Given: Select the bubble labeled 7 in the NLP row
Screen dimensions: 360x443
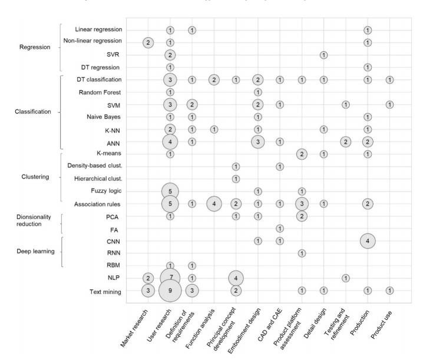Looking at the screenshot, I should [x=170, y=278].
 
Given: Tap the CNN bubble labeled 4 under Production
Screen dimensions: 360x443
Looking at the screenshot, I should [x=367, y=240].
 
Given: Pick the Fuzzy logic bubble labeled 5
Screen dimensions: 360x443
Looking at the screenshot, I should [x=170, y=191].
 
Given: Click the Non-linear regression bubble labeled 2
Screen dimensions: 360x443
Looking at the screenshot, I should [x=148, y=42].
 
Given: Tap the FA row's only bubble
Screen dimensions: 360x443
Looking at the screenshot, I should [x=280, y=228].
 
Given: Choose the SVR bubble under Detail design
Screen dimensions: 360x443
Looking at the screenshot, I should [x=323, y=55].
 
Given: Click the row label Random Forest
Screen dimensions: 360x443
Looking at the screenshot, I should [x=100, y=93].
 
